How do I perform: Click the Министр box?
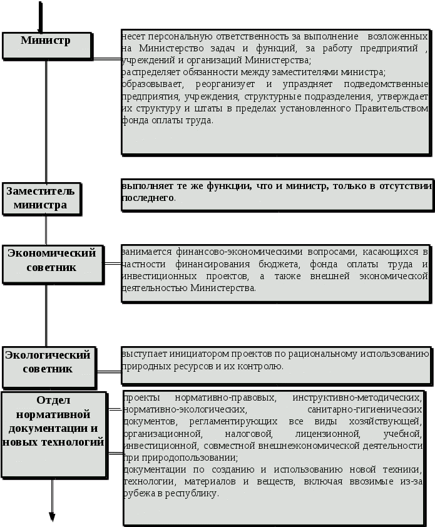[46, 42]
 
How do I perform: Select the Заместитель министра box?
[41, 198]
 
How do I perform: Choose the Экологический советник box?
[48, 362]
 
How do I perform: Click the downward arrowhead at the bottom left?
[53, 516]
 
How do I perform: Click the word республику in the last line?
[190, 493]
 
